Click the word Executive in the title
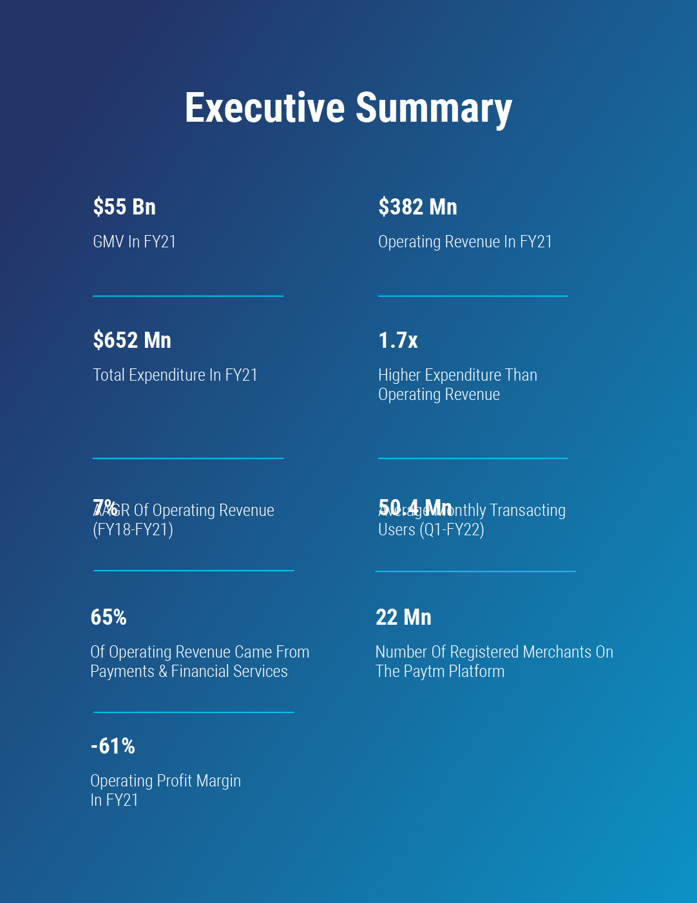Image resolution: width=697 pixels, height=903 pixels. [x=265, y=108]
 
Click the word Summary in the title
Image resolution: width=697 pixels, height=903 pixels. [x=434, y=109]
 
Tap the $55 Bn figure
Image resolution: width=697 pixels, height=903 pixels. [x=124, y=207]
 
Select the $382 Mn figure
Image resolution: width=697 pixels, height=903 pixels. [x=417, y=207]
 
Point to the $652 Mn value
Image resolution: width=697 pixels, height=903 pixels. [x=132, y=341]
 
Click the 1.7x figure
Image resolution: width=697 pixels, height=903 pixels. [x=398, y=341]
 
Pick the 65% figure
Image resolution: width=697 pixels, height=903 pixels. [x=109, y=618]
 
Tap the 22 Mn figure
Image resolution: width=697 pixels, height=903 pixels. [x=403, y=618]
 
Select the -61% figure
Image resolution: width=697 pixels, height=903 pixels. [x=113, y=746]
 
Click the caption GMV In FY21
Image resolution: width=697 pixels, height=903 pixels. [x=134, y=242]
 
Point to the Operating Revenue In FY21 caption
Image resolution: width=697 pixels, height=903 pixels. [x=464, y=242]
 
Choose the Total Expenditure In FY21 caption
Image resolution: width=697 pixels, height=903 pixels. [x=175, y=375]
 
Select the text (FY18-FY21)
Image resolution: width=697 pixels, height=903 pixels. [x=133, y=530]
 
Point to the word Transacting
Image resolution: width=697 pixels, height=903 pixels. [x=528, y=511]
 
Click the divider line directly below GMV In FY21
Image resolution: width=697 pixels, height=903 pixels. [x=188, y=296]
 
